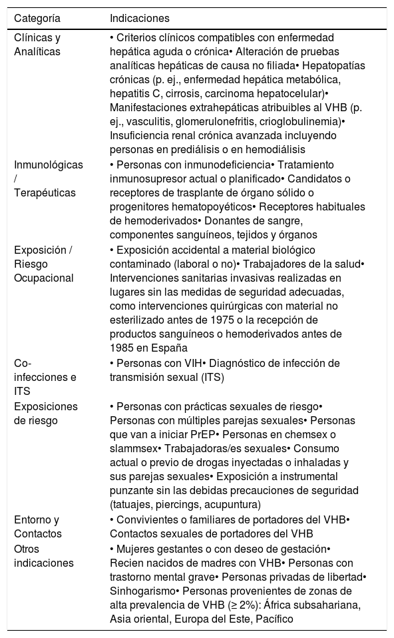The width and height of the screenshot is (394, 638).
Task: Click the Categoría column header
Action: (x=37, y=18)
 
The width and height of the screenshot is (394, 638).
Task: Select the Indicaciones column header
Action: (x=140, y=18)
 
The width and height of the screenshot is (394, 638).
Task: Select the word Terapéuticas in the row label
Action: (x=43, y=192)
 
